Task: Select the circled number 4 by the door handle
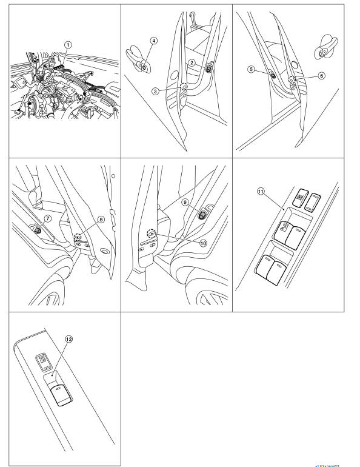point(154,41)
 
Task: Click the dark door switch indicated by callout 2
point(209,70)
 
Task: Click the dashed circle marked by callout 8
point(78,236)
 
